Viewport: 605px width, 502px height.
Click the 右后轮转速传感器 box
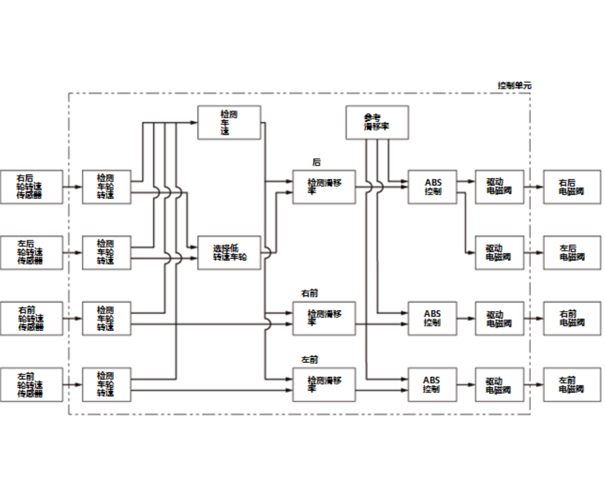[x=31, y=187]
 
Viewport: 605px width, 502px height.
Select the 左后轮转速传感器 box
[x=31, y=253]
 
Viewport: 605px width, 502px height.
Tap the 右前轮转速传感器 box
[x=31, y=318]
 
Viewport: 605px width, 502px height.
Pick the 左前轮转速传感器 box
[x=31, y=385]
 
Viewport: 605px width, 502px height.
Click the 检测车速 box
[x=229, y=123]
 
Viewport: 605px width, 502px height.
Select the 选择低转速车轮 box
[x=229, y=253]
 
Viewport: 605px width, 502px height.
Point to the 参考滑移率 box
[x=376, y=123]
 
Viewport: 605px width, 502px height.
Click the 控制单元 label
[x=514, y=86]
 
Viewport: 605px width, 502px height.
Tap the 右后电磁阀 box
[x=572, y=187]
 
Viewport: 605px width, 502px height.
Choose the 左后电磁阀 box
[x=572, y=253]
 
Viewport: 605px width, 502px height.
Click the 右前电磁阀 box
[x=572, y=318]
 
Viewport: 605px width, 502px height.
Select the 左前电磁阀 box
[x=572, y=385]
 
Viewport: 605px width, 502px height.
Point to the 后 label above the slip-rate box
[x=316, y=163]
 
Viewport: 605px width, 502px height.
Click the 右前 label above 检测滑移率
[x=310, y=294]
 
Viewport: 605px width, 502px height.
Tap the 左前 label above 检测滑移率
[x=310, y=360]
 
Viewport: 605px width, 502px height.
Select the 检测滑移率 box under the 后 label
[x=324, y=187]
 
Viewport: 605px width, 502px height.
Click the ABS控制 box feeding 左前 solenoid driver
[x=432, y=385]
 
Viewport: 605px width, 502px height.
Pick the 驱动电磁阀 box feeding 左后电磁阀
[x=499, y=253]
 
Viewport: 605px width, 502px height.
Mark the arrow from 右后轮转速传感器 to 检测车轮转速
[x=72, y=187]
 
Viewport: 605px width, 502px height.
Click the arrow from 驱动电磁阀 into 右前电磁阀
[x=534, y=318]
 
